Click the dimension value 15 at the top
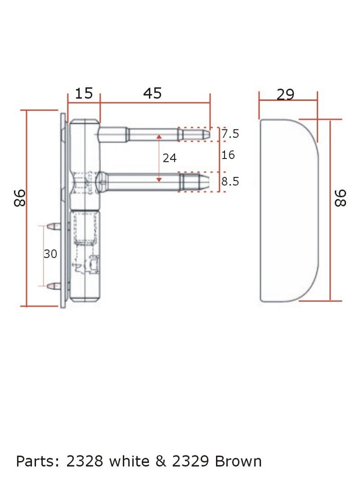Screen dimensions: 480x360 click(x=84, y=93)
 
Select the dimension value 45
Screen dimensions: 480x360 click(x=152, y=93)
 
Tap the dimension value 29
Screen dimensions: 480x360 click(x=285, y=94)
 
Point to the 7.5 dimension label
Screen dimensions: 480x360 click(x=230, y=134)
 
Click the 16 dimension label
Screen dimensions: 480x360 click(x=228, y=155)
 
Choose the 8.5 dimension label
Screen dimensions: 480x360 click(x=230, y=181)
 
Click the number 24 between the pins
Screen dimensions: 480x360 click(x=170, y=158)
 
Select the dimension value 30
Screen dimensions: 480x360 click(x=50, y=254)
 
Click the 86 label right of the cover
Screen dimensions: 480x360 click(x=340, y=198)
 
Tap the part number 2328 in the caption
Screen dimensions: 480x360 click(x=84, y=460)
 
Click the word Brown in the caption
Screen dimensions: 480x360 click(x=238, y=460)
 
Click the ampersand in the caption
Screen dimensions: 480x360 click(x=161, y=460)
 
